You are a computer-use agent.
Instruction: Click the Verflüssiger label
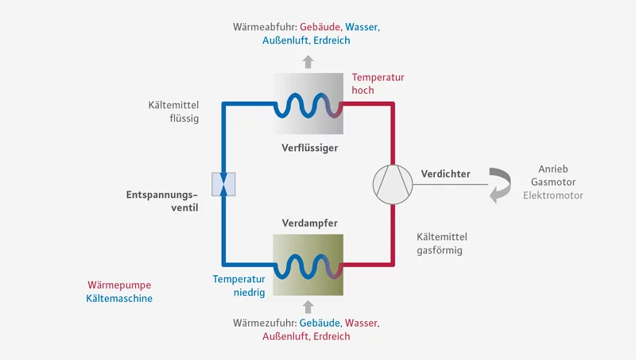pos(308,148)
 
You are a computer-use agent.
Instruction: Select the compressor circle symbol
pos(393,184)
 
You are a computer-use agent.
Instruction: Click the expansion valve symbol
pos(223,184)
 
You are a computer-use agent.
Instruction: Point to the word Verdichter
pos(445,174)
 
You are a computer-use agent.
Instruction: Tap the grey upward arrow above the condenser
pos(308,60)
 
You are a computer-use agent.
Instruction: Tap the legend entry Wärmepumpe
pos(118,285)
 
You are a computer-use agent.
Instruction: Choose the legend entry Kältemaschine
pos(119,299)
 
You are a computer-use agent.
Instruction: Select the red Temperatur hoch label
pos(378,83)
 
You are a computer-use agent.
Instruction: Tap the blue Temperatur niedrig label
pos(238,286)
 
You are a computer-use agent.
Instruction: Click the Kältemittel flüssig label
pos(173,111)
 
